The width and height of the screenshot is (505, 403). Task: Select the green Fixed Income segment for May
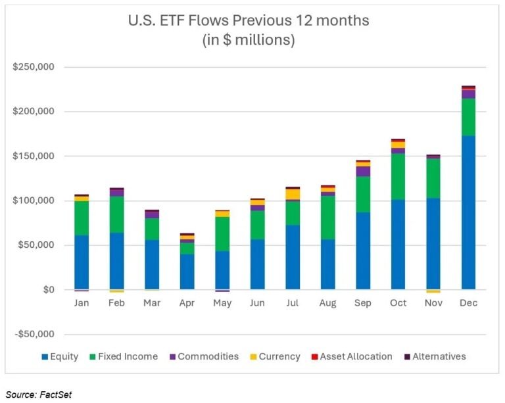(222, 233)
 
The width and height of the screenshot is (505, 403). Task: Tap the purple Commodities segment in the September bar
(363, 171)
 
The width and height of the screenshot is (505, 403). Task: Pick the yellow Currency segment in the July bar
(293, 194)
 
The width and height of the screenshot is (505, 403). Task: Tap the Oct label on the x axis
(398, 303)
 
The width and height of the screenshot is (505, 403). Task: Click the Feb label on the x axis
(116, 303)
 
